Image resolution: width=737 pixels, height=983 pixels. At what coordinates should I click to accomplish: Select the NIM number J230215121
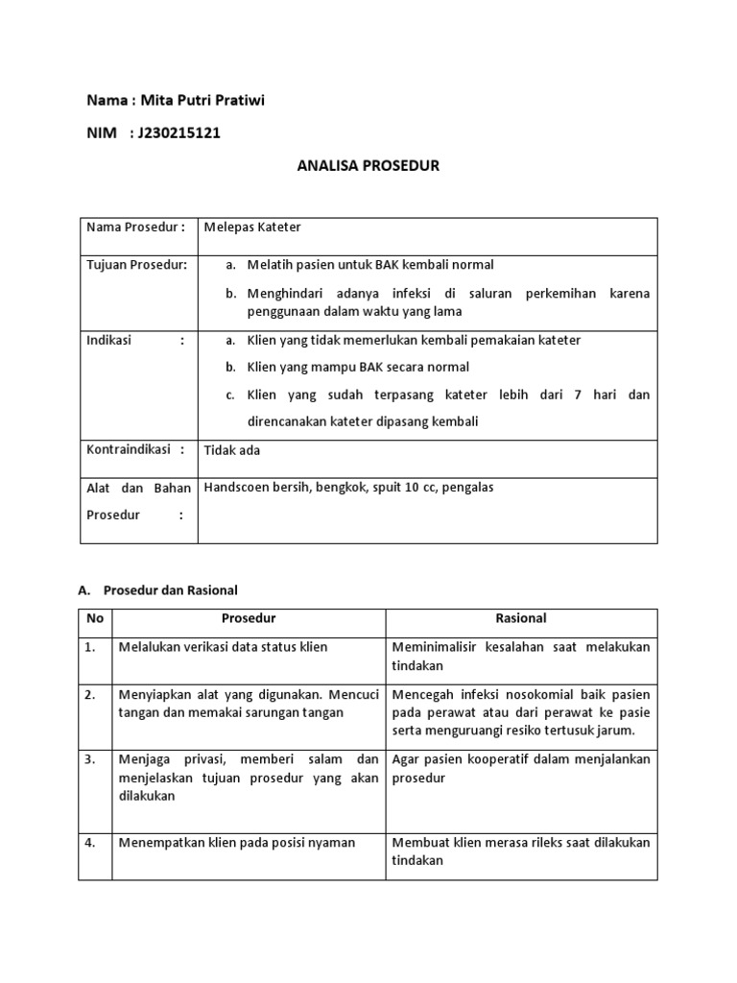click(179, 132)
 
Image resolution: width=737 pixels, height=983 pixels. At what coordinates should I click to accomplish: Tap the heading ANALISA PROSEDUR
click(368, 165)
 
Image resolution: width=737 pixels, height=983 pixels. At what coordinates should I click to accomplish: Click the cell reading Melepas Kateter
click(252, 227)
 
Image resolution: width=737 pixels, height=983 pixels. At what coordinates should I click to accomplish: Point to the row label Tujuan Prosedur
click(137, 264)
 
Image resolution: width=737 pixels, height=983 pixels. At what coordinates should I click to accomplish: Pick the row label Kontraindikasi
click(135, 449)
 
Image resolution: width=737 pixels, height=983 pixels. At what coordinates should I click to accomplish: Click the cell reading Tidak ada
click(232, 449)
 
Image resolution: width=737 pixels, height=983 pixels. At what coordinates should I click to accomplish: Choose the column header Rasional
click(521, 619)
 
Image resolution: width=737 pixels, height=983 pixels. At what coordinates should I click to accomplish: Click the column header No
click(94, 619)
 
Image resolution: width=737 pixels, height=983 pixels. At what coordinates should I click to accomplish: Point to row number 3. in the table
click(90, 759)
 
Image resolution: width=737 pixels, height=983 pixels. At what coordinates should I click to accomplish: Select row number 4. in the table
click(90, 843)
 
